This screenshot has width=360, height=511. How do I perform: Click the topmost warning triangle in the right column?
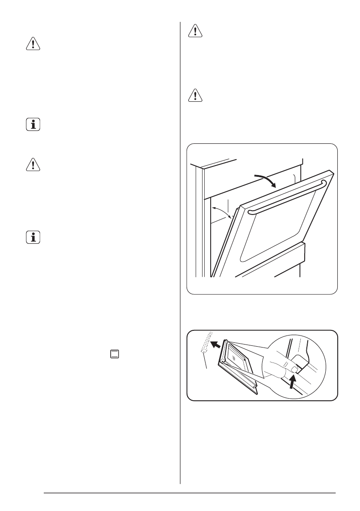point(195,31)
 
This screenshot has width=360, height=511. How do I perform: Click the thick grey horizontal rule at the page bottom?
point(189,493)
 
